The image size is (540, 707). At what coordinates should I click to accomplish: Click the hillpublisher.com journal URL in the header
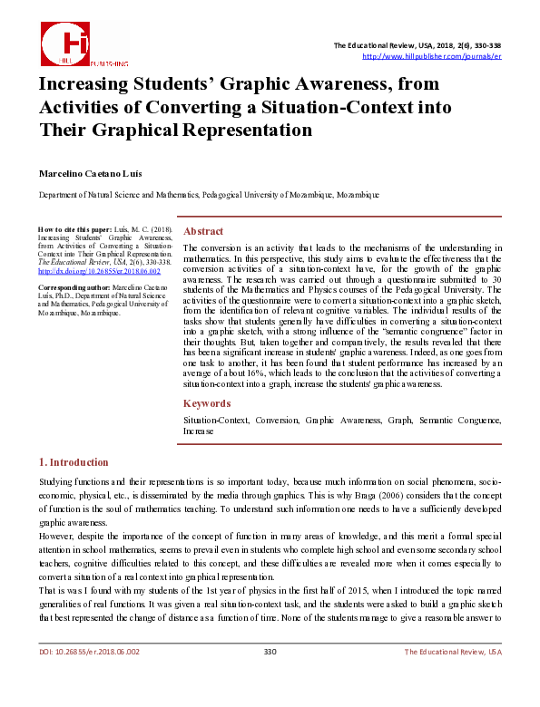pyautogui.click(x=431, y=56)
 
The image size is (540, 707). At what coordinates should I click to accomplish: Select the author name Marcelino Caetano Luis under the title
pyautogui.click(x=90, y=173)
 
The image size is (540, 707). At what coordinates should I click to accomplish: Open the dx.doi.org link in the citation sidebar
pyautogui.click(x=98, y=271)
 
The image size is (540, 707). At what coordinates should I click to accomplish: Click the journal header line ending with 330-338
pyautogui.click(x=417, y=45)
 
